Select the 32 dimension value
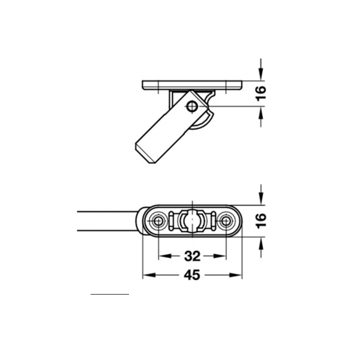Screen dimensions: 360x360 191,257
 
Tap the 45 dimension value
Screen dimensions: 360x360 191,275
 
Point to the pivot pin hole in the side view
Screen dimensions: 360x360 193,107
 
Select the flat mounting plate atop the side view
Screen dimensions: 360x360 191,85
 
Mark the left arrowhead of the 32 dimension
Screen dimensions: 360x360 163,257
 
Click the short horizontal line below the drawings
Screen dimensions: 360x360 110,295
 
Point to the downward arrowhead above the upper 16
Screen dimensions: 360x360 260,76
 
